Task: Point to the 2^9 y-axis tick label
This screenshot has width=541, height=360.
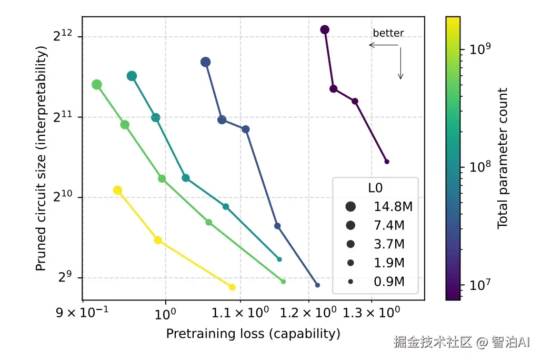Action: point(65,277)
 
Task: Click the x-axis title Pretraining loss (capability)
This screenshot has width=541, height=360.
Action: point(253,334)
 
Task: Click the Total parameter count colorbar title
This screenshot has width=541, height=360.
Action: point(503,158)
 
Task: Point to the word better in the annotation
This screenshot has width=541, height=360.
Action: point(388,33)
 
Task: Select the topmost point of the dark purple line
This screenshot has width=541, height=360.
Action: point(325,29)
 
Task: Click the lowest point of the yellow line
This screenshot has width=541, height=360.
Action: point(232,287)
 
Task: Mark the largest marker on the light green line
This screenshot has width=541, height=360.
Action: point(97,85)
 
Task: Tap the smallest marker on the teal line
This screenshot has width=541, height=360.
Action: point(279,259)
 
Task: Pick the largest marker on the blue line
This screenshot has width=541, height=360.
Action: point(206,62)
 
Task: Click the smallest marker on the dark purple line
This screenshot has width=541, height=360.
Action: point(387,162)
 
